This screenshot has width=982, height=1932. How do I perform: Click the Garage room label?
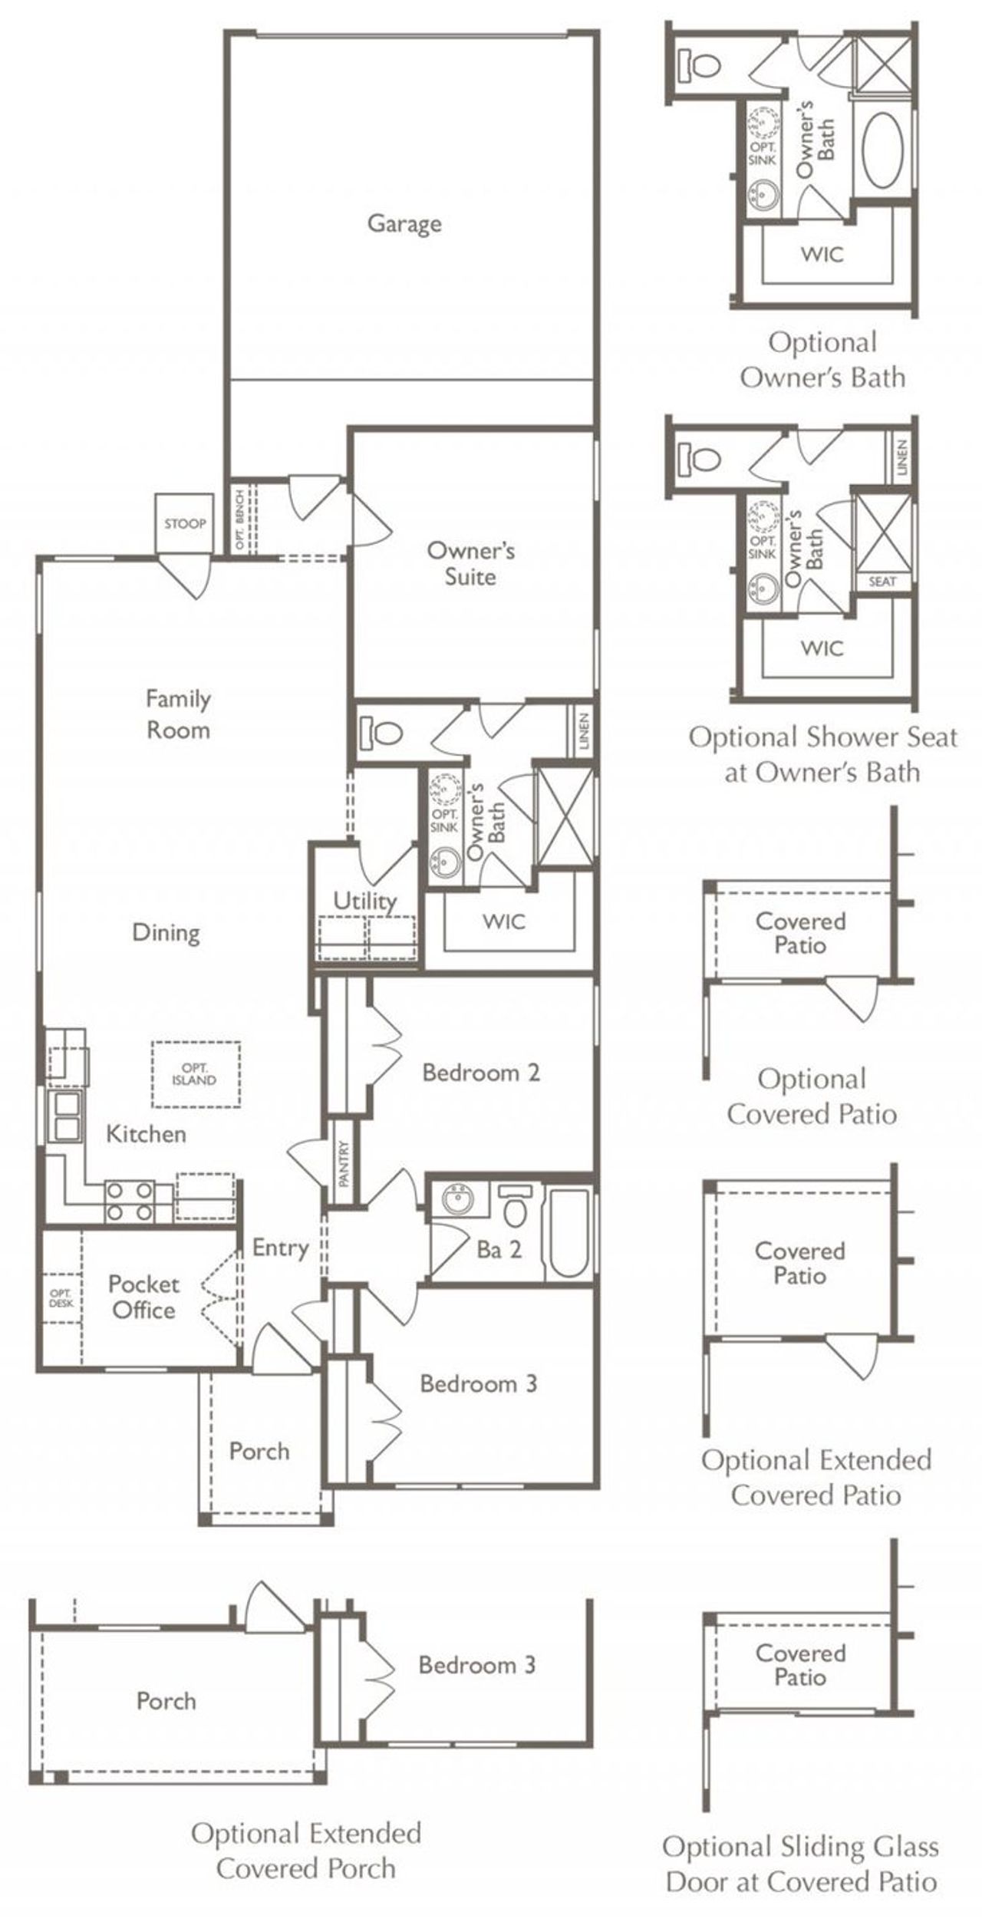pos(404,223)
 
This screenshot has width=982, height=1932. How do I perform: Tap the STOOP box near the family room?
pos(184,523)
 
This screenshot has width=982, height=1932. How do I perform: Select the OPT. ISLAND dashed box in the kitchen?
pos(196,1074)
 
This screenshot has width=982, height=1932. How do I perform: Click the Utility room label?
pos(365,901)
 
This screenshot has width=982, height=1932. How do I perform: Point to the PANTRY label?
pos(343,1163)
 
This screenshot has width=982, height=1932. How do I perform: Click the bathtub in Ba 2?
pos(569,1232)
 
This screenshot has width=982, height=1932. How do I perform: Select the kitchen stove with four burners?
pos(128,1202)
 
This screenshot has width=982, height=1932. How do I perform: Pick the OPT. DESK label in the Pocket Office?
pos(61,1298)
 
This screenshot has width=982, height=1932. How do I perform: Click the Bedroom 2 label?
pos(481,1072)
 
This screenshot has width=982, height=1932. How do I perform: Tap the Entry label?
pos(280,1248)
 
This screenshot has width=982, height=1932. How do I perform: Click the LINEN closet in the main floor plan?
pos(583,732)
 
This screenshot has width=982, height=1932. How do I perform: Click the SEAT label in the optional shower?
pos(882,582)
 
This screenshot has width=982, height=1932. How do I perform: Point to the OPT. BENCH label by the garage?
pos(239,519)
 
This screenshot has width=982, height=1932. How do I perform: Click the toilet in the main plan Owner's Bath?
pos(381,734)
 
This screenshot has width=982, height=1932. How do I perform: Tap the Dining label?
pos(166,933)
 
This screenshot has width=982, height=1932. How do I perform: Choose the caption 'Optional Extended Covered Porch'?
pos(306,1851)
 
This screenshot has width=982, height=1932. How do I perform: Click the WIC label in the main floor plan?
pos(504,921)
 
